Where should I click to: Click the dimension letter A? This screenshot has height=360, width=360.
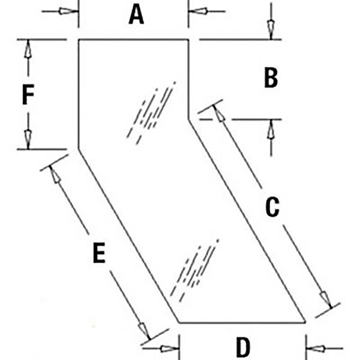tap(136, 15)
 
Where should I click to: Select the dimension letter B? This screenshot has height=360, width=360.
tap(271, 78)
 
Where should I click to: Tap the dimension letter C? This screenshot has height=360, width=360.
tap(272, 207)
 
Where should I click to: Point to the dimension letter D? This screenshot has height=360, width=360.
tap(243, 347)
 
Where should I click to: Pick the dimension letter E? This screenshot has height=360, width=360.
tap(99, 253)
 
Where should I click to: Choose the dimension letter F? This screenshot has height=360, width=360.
tap(28, 94)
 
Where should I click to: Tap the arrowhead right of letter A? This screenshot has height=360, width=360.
tap(198, 11)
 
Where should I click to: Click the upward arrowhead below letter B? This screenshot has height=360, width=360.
tap(271, 129)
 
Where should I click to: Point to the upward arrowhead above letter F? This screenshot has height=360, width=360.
tap(28, 49)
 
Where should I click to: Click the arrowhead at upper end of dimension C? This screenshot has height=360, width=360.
tap(219, 114)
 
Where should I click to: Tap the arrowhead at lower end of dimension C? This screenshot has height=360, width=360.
tap(326, 299)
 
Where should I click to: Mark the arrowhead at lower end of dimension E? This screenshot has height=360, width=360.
tap(144, 330)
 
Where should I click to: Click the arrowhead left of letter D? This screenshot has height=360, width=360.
tap(170, 349)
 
